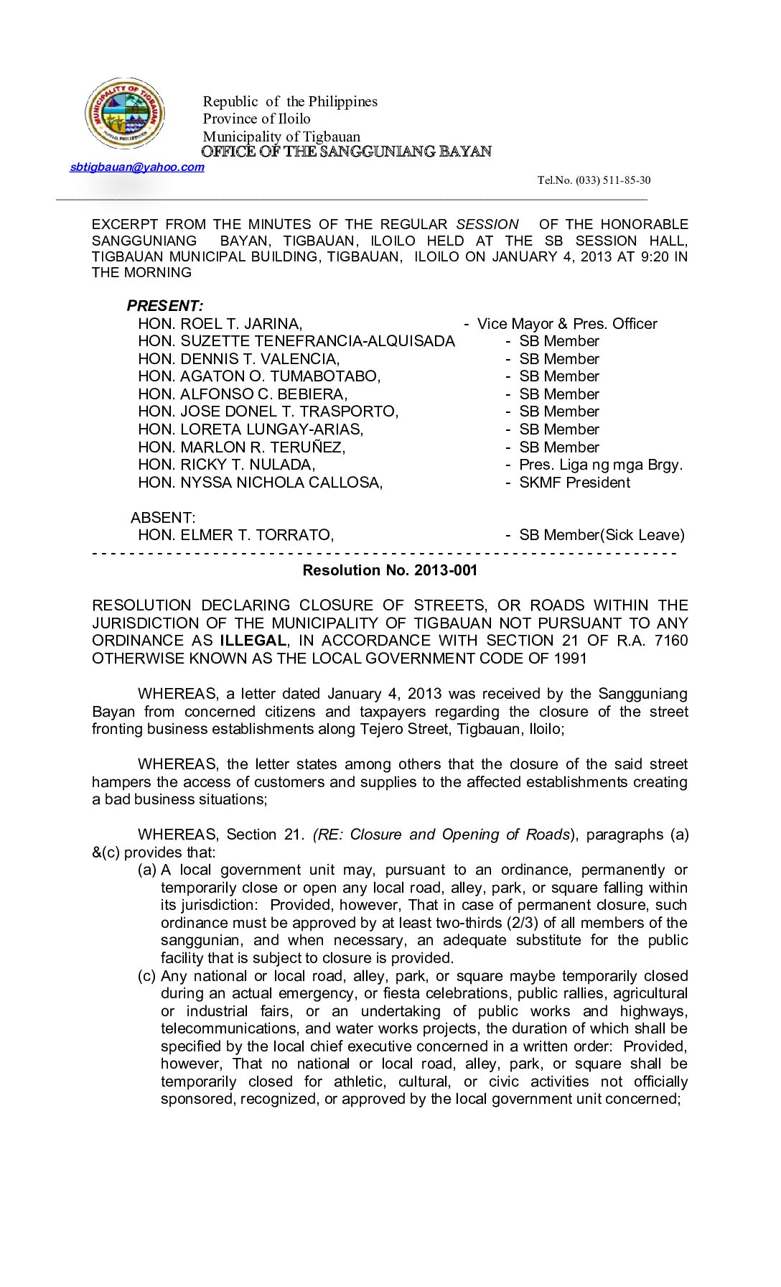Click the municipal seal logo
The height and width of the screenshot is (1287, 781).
click(x=125, y=113)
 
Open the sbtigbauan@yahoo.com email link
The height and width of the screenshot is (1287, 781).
click(x=137, y=167)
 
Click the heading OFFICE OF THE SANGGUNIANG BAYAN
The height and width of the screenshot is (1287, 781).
click(x=347, y=152)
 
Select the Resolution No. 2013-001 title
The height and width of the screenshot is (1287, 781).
click(x=390, y=570)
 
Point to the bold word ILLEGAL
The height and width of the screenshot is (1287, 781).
click(x=253, y=641)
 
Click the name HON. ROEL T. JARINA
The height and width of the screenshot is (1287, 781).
click(x=220, y=324)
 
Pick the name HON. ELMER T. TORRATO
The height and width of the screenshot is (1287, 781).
click(x=235, y=535)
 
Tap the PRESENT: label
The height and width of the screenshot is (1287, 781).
click(x=165, y=306)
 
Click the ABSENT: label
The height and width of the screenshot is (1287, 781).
click(x=163, y=518)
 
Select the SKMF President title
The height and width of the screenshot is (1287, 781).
click(x=574, y=483)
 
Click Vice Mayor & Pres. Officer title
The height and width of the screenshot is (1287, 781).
click(x=567, y=324)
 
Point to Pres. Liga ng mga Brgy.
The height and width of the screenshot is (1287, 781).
click(x=601, y=465)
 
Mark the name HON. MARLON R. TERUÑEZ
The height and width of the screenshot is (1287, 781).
click(x=241, y=447)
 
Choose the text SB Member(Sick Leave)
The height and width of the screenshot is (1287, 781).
click(x=602, y=535)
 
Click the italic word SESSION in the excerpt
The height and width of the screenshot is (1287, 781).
click(x=487, y=225)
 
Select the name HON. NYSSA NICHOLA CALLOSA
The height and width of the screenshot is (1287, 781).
click(x=260, y=483)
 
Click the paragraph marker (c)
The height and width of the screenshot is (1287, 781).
click(x=146, y=976)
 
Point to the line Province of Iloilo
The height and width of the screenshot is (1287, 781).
click(x=256, y=119)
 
